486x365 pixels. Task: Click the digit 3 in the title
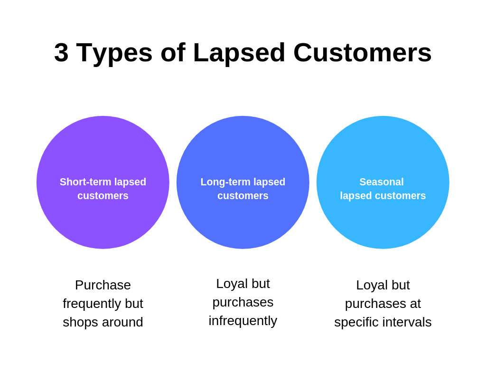(61, 52)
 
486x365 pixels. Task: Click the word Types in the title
(114, 52)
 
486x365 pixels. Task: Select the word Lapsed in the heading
(239, 52)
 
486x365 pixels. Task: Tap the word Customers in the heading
(362, 52)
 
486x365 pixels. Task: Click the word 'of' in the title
(172, 52)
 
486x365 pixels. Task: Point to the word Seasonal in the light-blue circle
(382, 182)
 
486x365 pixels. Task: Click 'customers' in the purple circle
(103, 196)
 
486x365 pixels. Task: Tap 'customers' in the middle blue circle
(243, 196)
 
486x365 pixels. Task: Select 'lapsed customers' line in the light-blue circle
(383, 196)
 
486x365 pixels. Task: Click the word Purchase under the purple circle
(103, 285)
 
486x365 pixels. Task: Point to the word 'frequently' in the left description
(92, 303)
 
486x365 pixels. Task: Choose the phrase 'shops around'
(103, 322)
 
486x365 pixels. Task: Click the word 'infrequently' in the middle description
(243, 320)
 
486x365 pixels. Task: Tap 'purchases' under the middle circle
(243, 302)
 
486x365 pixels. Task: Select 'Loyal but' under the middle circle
(243, 283)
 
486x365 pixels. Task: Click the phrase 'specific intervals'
(383, 322)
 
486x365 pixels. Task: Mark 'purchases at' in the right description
(383, 303)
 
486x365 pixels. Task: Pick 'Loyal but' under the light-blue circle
(383, 285)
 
